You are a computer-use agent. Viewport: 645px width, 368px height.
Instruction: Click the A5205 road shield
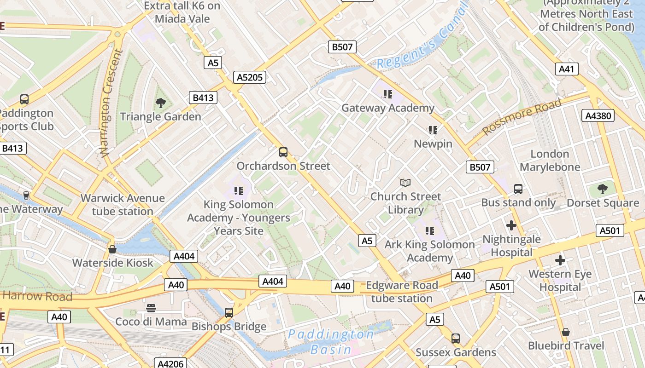click(x=250, y=77)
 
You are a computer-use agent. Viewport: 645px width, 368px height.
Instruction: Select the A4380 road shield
click(x=598, y=115)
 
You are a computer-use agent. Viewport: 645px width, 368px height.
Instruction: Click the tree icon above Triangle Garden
click(x=160, y=103)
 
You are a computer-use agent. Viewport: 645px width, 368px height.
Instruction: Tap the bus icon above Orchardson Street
click(x=283, y=152)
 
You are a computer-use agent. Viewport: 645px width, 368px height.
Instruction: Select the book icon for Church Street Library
click(x=405, y=183)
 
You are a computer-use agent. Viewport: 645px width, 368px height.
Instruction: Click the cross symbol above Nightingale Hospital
click(x=511, y=225)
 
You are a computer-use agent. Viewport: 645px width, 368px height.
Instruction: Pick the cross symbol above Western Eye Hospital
click(x=560, y=260)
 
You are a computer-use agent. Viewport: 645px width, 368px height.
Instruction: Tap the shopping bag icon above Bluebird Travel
click(x=566, y=332)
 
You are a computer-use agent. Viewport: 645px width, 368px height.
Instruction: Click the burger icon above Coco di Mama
click(x=151, y=308)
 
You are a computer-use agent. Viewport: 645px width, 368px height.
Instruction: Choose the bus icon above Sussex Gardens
click(x=456, y=339)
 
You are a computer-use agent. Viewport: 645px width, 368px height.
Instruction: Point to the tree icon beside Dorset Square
click(x=602, y=189)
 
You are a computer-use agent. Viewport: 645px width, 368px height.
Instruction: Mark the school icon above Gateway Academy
click(x=387, y=94)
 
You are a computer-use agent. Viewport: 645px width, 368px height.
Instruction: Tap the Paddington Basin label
click(x=331, y=342)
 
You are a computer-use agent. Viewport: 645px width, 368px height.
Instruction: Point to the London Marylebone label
click(x=550, y=161)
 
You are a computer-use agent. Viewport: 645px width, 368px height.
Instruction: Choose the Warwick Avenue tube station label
click(x=123, y=205)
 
